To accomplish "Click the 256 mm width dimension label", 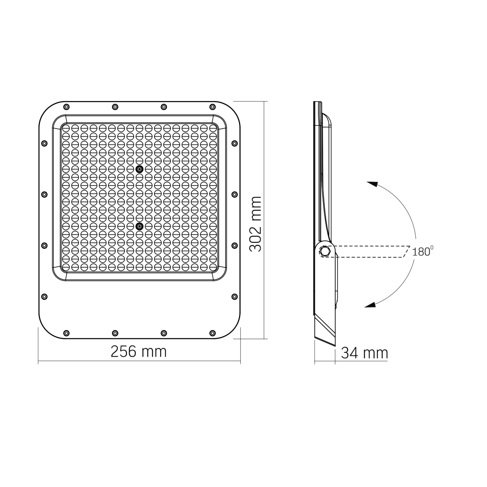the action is (138, 351).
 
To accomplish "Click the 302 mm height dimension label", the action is (255, 224).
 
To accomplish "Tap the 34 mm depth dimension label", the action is (365, 353).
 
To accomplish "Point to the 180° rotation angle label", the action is (423, 251).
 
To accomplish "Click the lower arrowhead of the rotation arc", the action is (370, 305).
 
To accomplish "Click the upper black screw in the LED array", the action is (139, 169).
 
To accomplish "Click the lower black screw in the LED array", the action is (139, 226).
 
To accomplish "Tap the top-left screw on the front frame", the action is (66, 107).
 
